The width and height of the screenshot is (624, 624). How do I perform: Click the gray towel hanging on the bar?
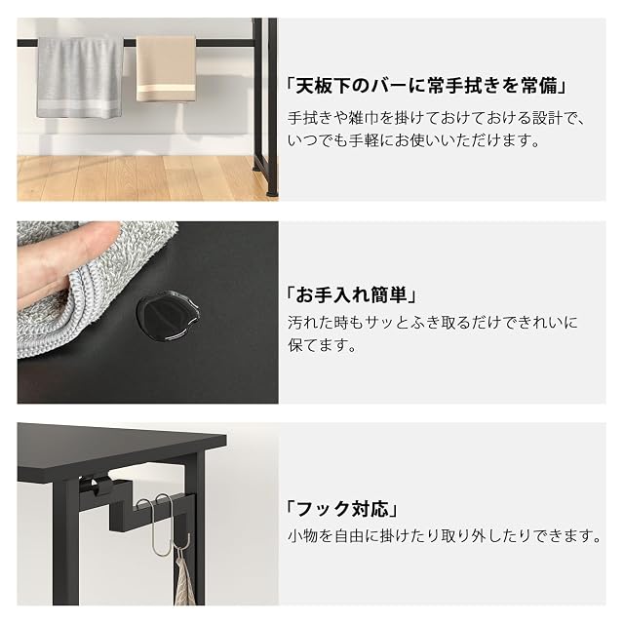coord(80,78)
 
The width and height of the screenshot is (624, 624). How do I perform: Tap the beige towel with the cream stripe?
coord(166,68)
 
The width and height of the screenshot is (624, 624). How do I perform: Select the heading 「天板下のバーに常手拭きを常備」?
coord(426,86)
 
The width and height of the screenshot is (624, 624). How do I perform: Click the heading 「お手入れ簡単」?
coord(351,295)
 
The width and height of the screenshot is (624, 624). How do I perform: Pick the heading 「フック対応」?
coord(342,509)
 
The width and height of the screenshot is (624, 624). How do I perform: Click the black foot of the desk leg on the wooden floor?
coord(272,193)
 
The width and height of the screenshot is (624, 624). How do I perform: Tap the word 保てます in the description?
coord(314,345)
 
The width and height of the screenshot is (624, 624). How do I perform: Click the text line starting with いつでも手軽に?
coord(413,140)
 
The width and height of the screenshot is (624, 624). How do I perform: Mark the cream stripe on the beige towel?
coord(166,89)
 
